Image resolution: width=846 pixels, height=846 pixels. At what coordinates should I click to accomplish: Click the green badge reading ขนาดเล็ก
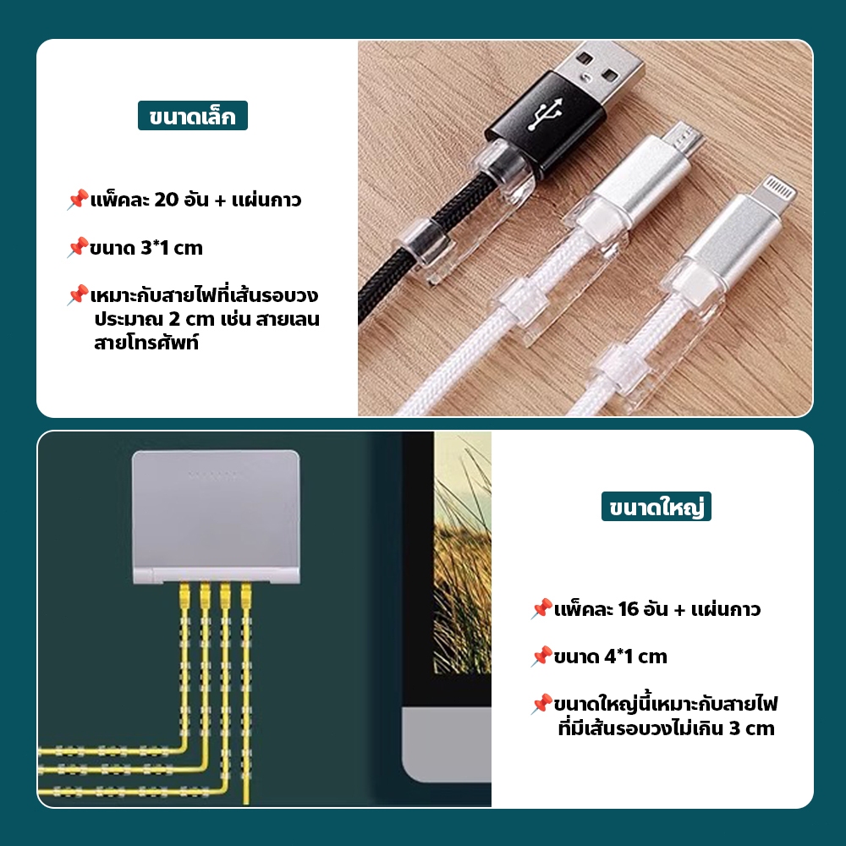tap(193, 115)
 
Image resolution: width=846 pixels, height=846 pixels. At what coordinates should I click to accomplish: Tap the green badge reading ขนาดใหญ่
tap(656, 507)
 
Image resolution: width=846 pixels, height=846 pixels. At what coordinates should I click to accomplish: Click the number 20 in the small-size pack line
tap(166, 200)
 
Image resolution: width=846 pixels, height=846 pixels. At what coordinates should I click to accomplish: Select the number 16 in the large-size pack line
tap(629, 609)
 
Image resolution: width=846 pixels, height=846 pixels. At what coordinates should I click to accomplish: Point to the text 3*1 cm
tap(172, 248)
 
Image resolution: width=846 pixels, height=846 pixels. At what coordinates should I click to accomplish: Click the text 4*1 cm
tap(635, 656)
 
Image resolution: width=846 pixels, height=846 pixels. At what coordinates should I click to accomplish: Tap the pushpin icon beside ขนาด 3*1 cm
tap(78, 248)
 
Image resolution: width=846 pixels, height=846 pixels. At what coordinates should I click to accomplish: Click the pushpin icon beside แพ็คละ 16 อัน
tap(541, 609)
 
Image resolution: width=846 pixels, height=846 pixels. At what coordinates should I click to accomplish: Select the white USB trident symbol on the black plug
tap(545, 113)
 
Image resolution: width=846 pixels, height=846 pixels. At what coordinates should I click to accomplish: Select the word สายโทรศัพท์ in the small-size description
tap(146, 343)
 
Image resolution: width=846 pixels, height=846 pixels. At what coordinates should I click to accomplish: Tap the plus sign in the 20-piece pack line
tap(220, 201)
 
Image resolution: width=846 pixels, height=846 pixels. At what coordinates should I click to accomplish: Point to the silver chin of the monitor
tap(447, 744)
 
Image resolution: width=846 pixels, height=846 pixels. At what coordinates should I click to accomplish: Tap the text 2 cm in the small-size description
tap(191, 319)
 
